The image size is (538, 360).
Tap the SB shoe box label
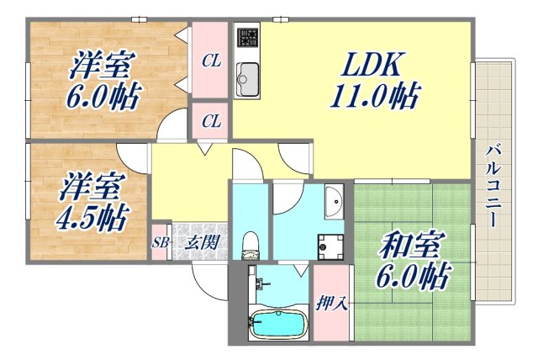point(160,244)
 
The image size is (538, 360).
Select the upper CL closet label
point(211,61)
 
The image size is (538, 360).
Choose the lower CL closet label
point(211,122)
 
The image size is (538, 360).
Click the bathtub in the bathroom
point(277,324)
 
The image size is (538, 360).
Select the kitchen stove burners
point(247,38)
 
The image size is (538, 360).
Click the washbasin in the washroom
point(333,201)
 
